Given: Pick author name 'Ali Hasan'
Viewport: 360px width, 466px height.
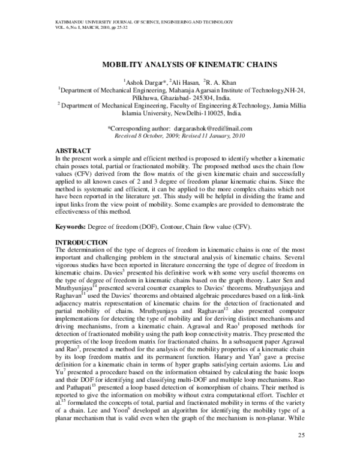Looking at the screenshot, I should pyautogui.click(x=184, y=82).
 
